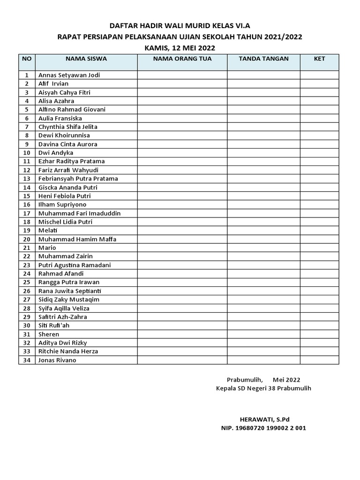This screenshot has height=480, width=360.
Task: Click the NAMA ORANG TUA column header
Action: coord(182,59)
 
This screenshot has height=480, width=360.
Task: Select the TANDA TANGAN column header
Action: coord(263,59)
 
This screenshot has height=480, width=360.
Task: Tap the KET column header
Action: coord(319,59)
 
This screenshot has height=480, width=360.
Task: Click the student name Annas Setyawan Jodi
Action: coord(69,75)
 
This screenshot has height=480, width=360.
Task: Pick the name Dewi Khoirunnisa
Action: coord(64,135)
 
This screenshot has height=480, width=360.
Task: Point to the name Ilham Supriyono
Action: coord(62,204)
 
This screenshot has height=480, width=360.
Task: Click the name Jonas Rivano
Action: coord(57,360)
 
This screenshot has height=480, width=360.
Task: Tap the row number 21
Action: coord(27,247)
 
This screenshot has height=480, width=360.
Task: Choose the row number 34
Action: coord(27,360)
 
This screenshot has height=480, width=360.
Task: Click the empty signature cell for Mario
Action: coord(263,247)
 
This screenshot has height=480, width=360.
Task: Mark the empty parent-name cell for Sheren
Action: coord(182,334)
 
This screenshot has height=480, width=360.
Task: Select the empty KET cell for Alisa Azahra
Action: coord(319,101)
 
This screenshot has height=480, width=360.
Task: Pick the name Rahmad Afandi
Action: coord(61,273)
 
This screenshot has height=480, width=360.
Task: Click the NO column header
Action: coord(27,59)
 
